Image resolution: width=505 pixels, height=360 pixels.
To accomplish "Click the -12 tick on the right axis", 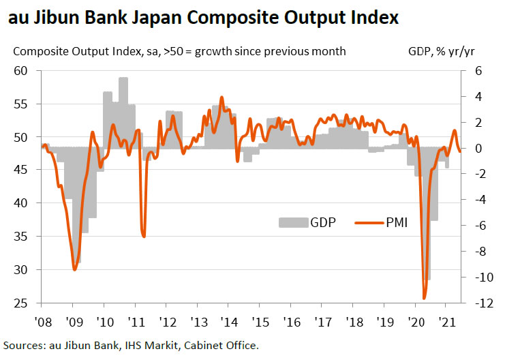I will point(476,303).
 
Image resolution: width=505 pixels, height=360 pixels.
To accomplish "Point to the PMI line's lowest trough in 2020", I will point(425,298).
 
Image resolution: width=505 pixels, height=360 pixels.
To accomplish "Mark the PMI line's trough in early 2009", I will point(74,269).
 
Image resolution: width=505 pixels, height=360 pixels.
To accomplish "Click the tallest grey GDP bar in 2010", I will point(123,82).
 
